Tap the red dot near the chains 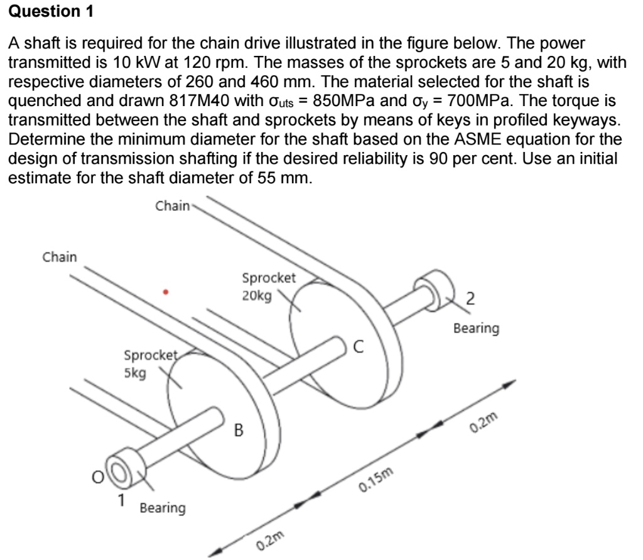click(165, 291)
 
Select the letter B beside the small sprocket click(239, 431)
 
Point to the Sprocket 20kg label click(268, 286)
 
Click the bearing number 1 click(123, 500)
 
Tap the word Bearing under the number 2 click(477, 328)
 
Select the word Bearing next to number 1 click(163, 507)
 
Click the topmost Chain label click(171, 205)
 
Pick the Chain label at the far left click(59, 256)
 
